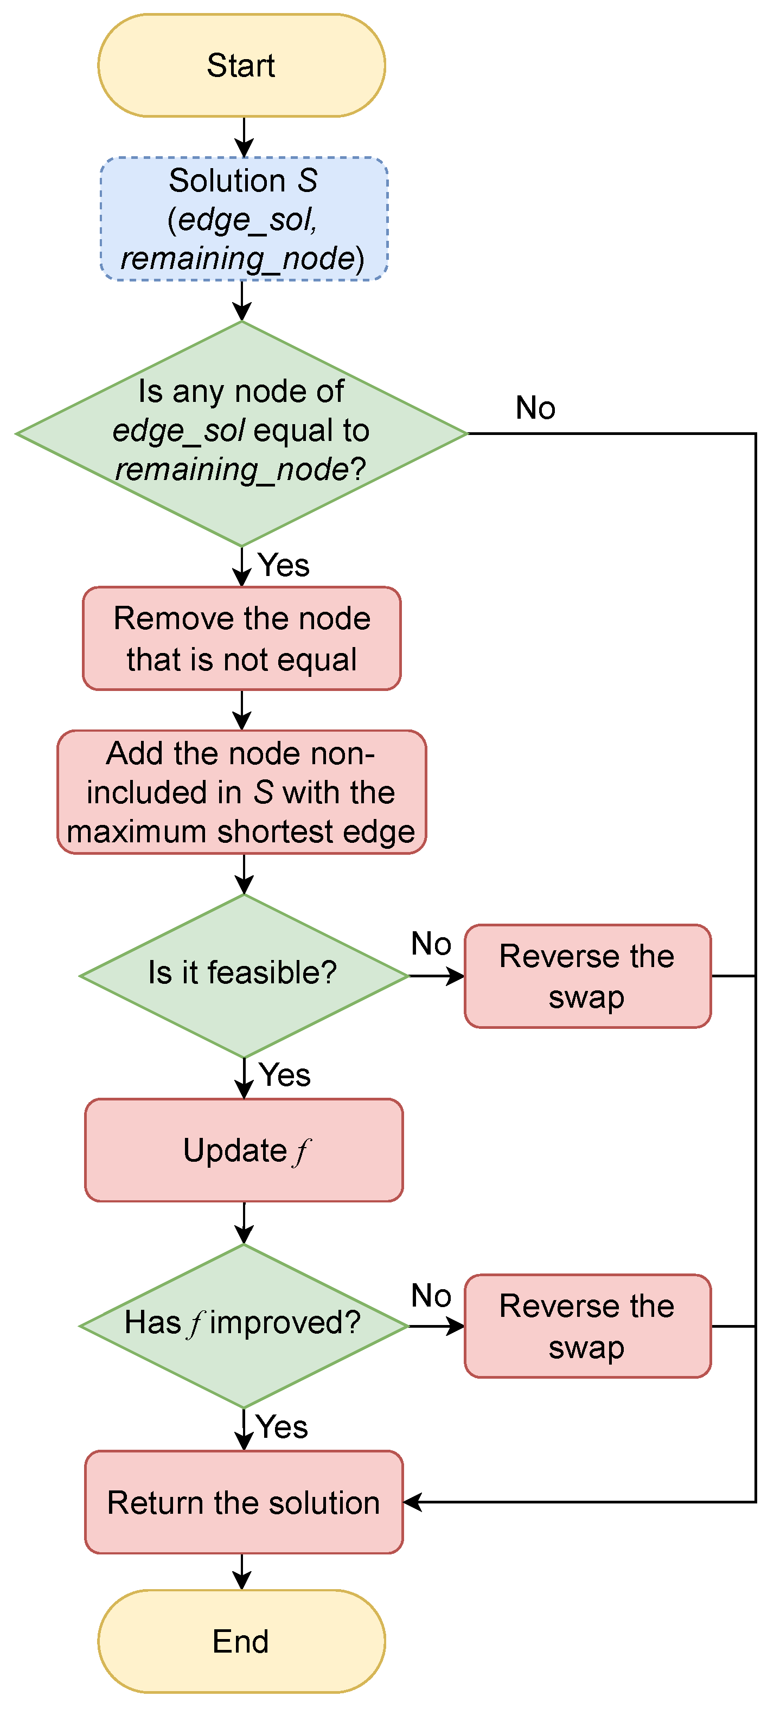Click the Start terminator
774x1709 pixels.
coord(241,66)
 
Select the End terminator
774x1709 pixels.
coord(241,1641)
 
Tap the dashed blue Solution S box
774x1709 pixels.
coord(244,219)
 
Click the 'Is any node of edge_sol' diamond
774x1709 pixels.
coord(242,433)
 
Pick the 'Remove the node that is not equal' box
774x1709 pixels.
coord(241,638)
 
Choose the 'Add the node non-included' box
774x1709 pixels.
coord(241,792)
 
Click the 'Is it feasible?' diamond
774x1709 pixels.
coord(244,976)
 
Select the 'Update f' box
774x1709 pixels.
coord(244,1150)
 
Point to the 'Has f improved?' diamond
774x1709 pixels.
coord(244,1326)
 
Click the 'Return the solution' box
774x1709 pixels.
coord(244,1502)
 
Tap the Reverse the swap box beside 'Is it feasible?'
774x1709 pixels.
coord(587,976)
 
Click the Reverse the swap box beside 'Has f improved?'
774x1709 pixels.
coord(587,1326)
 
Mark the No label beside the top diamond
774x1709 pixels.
coord(535,407)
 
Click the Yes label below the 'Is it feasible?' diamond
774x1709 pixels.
coord(285,1075)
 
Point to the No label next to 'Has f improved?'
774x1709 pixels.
coord(431,1295)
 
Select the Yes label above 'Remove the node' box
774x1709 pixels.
coord(284,565)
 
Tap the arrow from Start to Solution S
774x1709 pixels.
coord(244,137)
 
